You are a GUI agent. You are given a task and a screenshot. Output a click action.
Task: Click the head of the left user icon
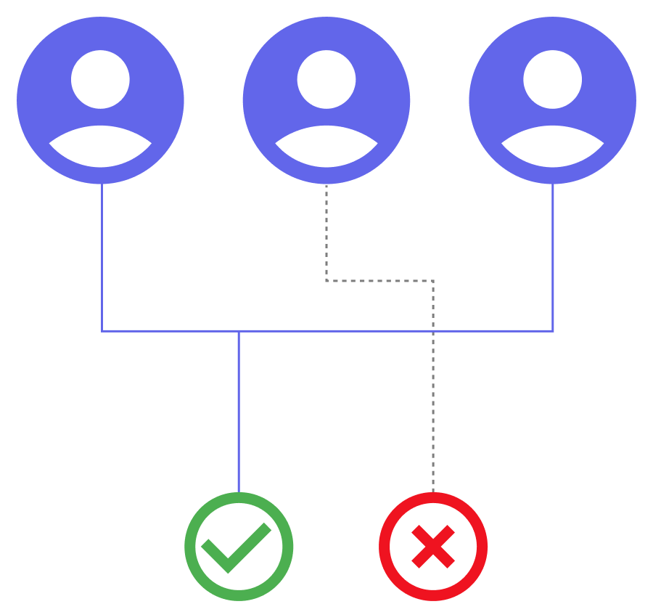(x=100, y=79)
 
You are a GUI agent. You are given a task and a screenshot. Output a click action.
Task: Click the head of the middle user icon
(x=326, y=79)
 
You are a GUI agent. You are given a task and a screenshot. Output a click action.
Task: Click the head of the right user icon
(x=553, y=79)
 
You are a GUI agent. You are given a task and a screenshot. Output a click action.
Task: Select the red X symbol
(x=433, y=547)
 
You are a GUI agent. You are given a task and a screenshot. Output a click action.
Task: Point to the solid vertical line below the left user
(x=102, y=254)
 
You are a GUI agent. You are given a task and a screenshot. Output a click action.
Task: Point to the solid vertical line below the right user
(x=553, y=254)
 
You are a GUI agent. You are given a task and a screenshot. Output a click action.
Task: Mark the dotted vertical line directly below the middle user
(x=326, y=232)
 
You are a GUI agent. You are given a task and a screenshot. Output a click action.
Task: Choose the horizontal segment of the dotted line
(x=379, y=280)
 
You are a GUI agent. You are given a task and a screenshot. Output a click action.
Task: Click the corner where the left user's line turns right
(x=102, y=331)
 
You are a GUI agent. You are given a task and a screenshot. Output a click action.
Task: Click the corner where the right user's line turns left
(x=553, y=331)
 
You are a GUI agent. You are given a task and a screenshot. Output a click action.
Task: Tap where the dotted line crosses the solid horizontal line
(x=433, y=331)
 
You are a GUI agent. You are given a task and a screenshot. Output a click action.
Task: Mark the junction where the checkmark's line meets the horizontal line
(x=239, y=331)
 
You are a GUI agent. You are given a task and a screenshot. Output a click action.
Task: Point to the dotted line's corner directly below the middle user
(x=326, y=280)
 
